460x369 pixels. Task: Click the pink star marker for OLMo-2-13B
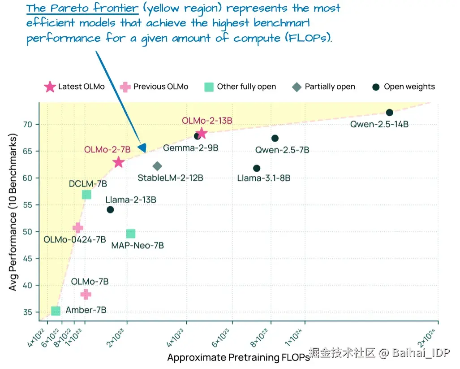202,133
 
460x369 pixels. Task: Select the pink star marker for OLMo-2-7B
118,162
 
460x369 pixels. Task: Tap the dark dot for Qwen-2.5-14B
389,113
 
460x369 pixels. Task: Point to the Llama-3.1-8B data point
257,168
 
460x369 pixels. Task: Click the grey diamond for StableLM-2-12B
157,166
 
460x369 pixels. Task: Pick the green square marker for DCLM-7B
86,194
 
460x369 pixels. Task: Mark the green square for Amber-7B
56,311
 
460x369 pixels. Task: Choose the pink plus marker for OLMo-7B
86,294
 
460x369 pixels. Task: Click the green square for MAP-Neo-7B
131,234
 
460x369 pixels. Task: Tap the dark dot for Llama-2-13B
110,209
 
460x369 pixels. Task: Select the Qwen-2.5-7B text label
282,150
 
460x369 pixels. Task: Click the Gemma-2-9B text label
190,148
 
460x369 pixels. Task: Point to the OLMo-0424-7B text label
75,239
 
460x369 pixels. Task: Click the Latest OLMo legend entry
74,87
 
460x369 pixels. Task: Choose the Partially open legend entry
323,87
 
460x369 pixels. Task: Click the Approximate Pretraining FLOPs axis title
238,357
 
